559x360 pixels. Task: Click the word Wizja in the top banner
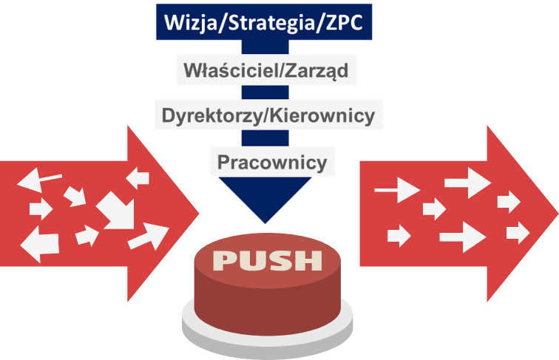[190, 22]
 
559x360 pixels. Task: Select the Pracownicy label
[272, 162]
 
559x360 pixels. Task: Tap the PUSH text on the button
[268, 260]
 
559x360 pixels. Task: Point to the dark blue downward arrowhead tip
[265, 223]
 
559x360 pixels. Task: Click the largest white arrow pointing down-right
[116, 211]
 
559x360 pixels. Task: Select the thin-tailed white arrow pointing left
[39, 180]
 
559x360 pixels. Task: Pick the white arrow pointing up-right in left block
[149, 236]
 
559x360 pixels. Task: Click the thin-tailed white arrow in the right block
[397, 190]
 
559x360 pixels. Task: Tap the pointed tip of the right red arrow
[558, 214]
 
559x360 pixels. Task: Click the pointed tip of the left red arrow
[199, 214]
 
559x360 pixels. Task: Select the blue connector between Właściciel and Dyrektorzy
[265, 92]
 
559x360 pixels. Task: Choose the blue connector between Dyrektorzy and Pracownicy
[265, 138]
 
